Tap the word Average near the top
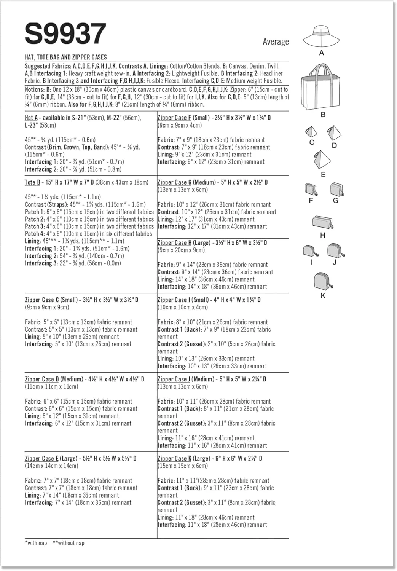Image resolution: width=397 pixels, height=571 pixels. tap(276, 41)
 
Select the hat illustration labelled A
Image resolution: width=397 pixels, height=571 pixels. tap(321, 37)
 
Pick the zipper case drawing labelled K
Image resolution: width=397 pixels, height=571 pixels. tap(323, 282)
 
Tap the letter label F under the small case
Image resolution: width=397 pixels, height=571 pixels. tap(311, 201)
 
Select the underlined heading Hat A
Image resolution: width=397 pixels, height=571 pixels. tap(31, 118)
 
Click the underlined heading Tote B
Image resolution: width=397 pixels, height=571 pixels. tap(32, 182)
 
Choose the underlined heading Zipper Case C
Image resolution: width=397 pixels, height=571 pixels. tap(42, 300)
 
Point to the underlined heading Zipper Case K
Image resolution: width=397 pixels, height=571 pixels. tap(174, 458)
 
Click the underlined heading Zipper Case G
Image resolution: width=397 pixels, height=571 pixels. tap(175, 182)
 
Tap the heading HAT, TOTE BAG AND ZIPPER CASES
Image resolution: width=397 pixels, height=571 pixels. tap(65, 57)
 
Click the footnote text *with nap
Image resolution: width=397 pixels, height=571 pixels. tap(36, 543)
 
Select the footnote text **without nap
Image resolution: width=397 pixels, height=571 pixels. tap(68, 543)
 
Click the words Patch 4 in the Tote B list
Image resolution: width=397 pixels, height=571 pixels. tap(32, 234)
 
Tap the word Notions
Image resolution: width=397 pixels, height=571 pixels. tap(34, 89)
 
